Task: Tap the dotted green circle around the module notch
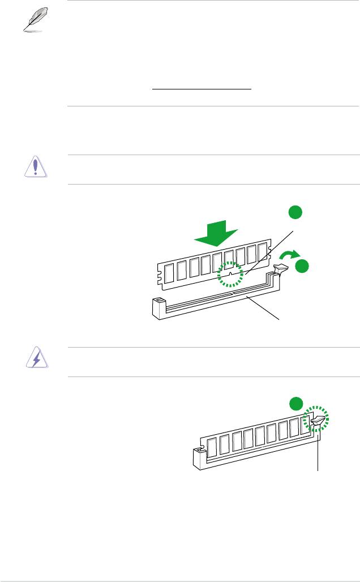231,273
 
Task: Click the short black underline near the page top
202,89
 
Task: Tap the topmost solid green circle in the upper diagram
294,212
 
